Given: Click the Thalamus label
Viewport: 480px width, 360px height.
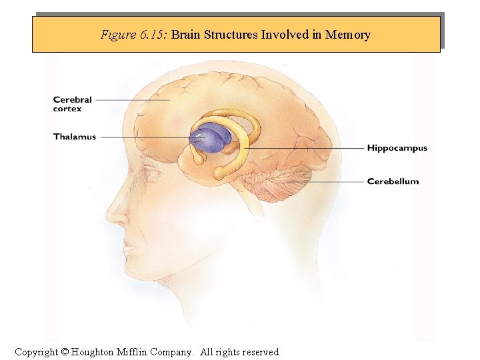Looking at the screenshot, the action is [x=75, y=137].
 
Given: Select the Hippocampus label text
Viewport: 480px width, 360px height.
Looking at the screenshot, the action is [x=397, y=148].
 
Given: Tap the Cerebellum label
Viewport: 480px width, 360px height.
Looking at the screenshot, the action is [x=393, y=181].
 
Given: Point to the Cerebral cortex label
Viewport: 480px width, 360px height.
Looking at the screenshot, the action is [x=72, y=104].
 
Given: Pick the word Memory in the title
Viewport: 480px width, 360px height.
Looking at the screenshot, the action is [x=347, y=35].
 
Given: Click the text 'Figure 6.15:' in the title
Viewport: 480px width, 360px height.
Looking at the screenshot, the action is [x=134, y=35].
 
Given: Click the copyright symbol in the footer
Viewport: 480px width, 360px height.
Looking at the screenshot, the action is [x=65, y=352].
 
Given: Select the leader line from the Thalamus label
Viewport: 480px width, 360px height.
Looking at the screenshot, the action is [x=143, y=137].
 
